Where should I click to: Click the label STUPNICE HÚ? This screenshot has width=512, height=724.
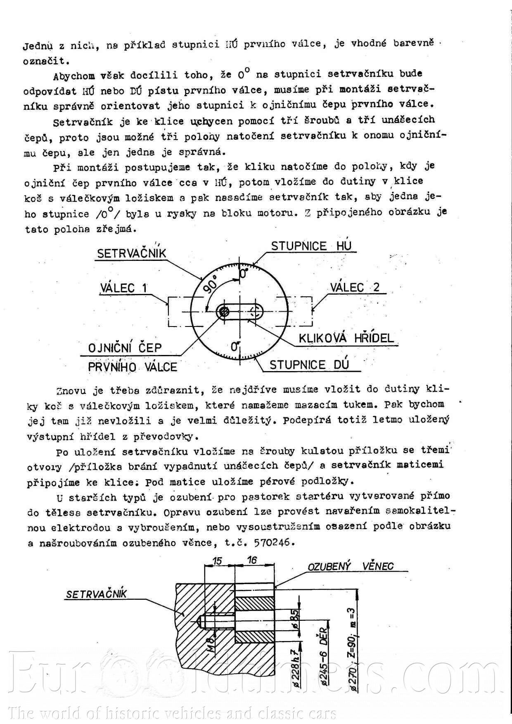[x=311, y=246]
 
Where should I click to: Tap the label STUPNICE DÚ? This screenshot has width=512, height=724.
[x=309, y=365]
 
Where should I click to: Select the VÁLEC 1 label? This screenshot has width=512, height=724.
[x=123, y=288]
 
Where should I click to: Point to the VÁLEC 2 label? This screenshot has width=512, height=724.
[x=355, y=287]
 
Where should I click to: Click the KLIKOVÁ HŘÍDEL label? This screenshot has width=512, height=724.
[x=346, y=338]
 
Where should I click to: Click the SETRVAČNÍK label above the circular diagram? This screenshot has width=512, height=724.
[x=131, y=253]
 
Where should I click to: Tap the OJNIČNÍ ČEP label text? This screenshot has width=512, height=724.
[x=125, y=348]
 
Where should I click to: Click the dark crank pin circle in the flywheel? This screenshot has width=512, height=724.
[x=224, y=312]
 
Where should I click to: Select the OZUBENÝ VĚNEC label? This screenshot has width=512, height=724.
[x=351, y=566]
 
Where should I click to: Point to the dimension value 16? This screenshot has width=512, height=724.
[x=252, y=560]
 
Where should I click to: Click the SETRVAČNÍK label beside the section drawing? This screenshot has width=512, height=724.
[x=96, y=594]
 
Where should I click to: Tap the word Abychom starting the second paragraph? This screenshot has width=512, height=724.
[x=74, y=76]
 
